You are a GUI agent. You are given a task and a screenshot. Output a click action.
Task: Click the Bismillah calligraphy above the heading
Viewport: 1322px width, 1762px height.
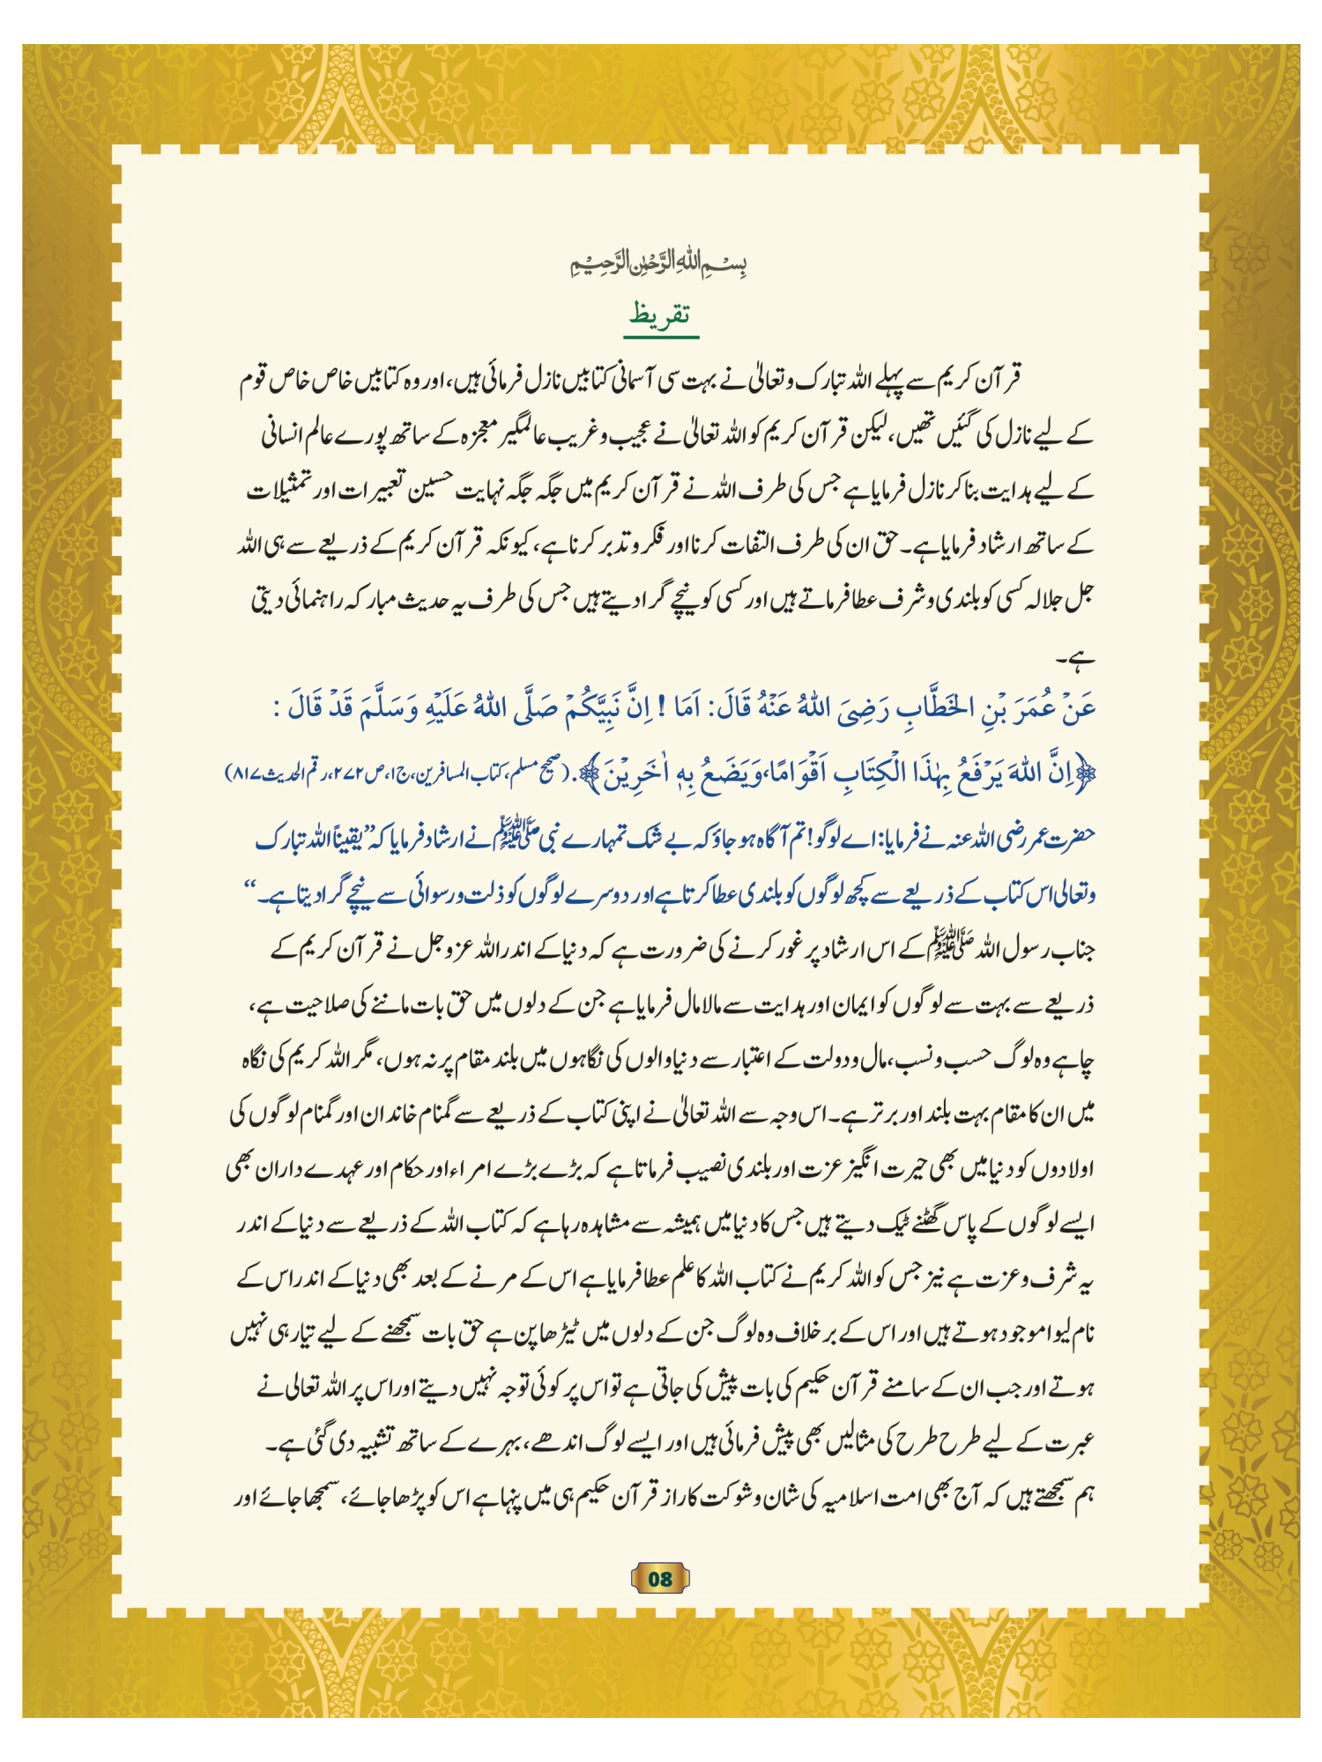659,263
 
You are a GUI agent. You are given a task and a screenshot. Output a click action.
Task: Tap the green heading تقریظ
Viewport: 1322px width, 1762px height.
660,314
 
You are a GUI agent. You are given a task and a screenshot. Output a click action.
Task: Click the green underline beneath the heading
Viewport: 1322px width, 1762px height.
661,337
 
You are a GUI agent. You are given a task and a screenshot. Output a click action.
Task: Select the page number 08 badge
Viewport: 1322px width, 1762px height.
660,1578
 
